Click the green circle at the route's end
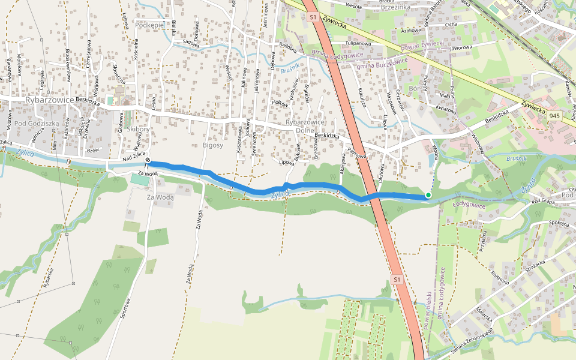[x=428, y=195]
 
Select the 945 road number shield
[x=554, y=115]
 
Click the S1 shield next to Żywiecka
[x=313, y=18]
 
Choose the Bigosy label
[x=213, y=145]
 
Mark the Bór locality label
[x=413, y=88]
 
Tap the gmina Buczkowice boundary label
[x=382, y=64]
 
